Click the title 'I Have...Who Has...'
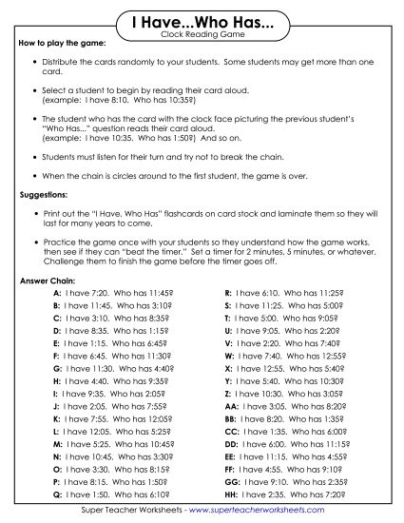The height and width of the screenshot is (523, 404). (202, 20)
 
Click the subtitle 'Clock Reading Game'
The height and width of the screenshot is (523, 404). (202, 34)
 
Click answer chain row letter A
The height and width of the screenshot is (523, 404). (57, 295)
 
